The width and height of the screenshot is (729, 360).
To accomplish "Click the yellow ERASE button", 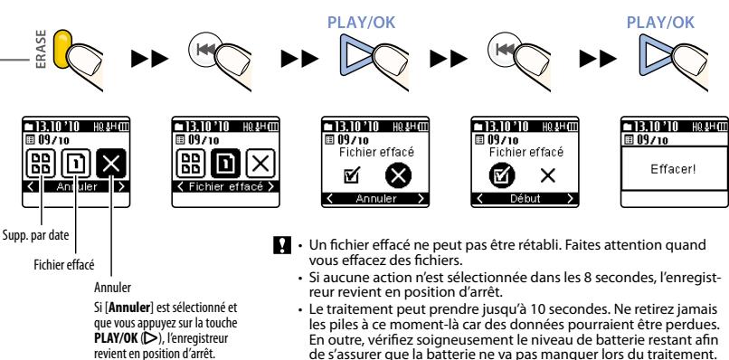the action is [x=62, y=49].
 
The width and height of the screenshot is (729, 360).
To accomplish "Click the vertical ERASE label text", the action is [x=42, y=50].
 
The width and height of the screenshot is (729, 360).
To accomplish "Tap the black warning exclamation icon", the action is [x=282, y=245].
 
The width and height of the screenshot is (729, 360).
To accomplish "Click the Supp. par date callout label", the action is [x=36, y=235].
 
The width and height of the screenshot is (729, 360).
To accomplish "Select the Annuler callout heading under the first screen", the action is [x=112, y=288].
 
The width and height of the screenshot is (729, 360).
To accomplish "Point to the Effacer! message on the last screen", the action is [x=674, y=169].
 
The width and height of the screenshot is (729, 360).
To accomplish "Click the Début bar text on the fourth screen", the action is [x=525, y=199].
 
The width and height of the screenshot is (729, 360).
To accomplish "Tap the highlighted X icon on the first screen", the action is [x=111, y=164].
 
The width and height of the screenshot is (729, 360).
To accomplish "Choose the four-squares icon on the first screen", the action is [x=41, y=164].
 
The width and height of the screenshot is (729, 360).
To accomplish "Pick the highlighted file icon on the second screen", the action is [x=225, y=164].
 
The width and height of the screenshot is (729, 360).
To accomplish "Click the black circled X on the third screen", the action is [x=399, y=175].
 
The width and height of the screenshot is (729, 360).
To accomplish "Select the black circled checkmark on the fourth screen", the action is [x=502, y=175].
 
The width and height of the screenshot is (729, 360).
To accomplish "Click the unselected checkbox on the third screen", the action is [x=351, y=175].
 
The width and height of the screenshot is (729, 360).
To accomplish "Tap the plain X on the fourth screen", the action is [x=549, y=175].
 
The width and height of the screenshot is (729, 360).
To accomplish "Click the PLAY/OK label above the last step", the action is [x=660, y=23].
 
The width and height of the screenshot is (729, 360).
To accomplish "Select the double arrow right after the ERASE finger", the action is [x=149, y=59].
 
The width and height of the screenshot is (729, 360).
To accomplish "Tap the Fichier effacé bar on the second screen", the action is [x=225, y=186].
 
